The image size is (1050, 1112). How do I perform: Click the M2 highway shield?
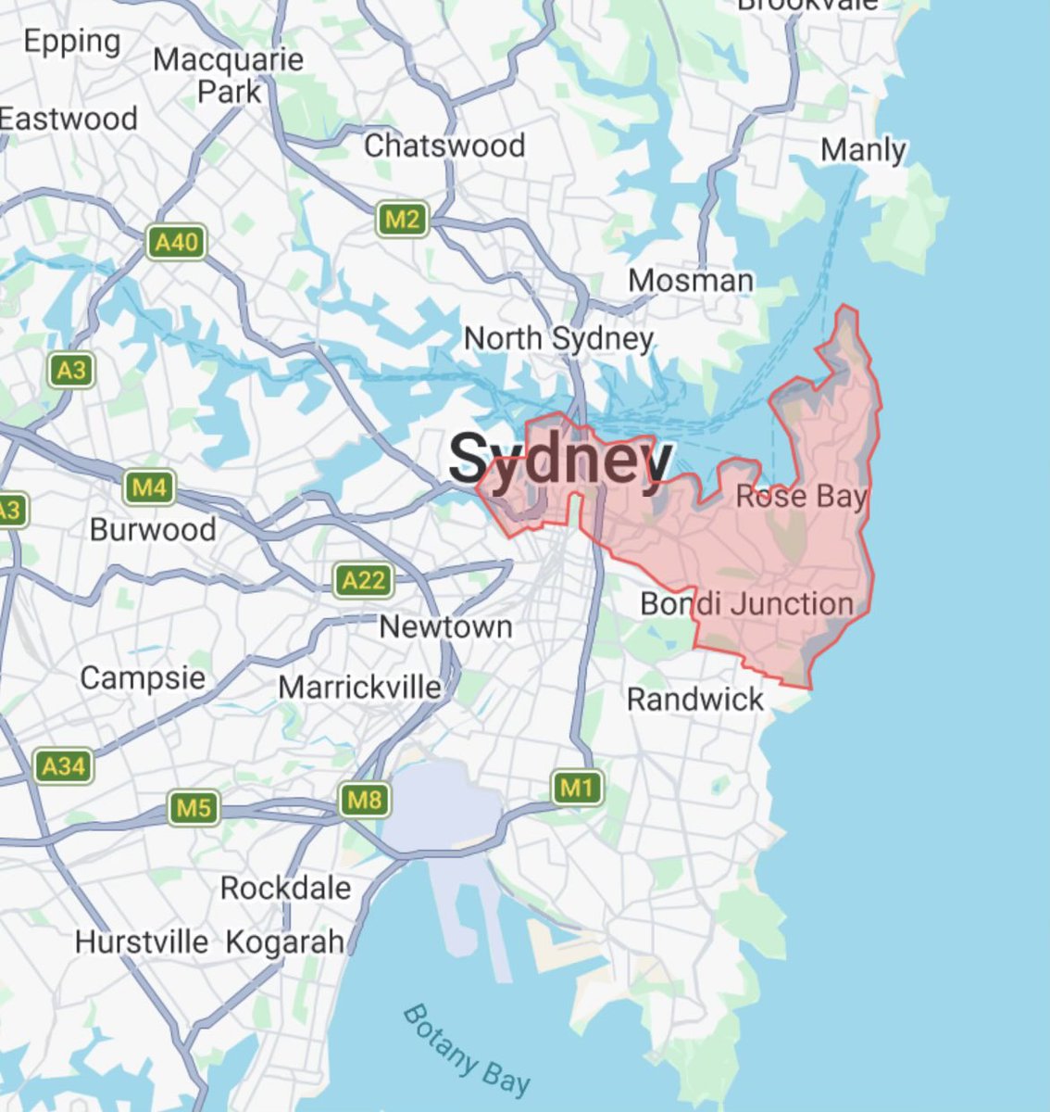point(403,220)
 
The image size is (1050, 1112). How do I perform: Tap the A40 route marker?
point(176,243)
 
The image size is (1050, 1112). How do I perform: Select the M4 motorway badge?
point(149,486)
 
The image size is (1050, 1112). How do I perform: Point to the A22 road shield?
point(363,581)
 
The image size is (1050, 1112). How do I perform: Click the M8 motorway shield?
point(364,799)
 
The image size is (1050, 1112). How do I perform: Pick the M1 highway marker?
point(577,789)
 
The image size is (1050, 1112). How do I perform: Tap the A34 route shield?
point(64,766)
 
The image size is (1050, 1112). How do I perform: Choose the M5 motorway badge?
point(194,807)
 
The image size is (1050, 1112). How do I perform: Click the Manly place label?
point(864,149)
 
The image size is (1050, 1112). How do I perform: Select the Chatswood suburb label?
point(444,145)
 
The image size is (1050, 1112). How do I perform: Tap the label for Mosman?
point(691,280)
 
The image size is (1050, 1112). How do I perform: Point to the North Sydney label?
point(558,338)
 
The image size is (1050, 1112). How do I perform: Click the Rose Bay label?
point(802,497)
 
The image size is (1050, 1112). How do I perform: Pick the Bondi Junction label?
point(747,604)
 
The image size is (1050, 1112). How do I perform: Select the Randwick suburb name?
point(695,699)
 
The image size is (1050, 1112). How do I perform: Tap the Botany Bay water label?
point(467,1049)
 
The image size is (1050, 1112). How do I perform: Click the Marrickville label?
point(360,688)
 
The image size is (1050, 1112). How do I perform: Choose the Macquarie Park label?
point(229,75)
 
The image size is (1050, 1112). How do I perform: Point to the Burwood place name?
point(153,530)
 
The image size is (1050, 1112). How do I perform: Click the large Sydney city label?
point(561,460)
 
